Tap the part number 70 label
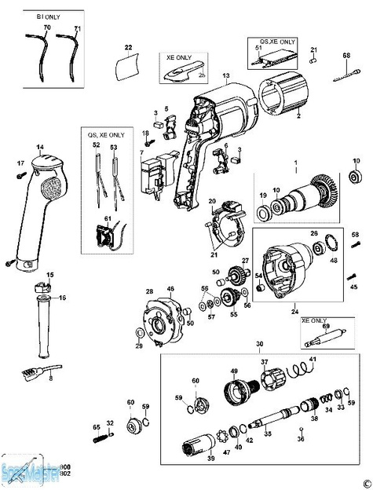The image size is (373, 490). tap(46, 28)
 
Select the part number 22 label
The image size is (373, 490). tap(128, 49)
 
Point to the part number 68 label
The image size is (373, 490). tap(346, 55)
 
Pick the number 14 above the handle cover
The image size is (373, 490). tap(40, 147)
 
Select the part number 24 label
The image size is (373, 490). tap(295, 311)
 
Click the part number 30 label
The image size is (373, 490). tap(259, 345)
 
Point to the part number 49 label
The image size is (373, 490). tap(233, 371)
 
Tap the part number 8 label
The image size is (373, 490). tap(51, 378)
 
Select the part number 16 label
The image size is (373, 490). tap(63, 298)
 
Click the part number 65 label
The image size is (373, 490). tap(97, 427)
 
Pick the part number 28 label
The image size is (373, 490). tap(148, 292)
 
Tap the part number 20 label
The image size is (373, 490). tap(211, 202)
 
